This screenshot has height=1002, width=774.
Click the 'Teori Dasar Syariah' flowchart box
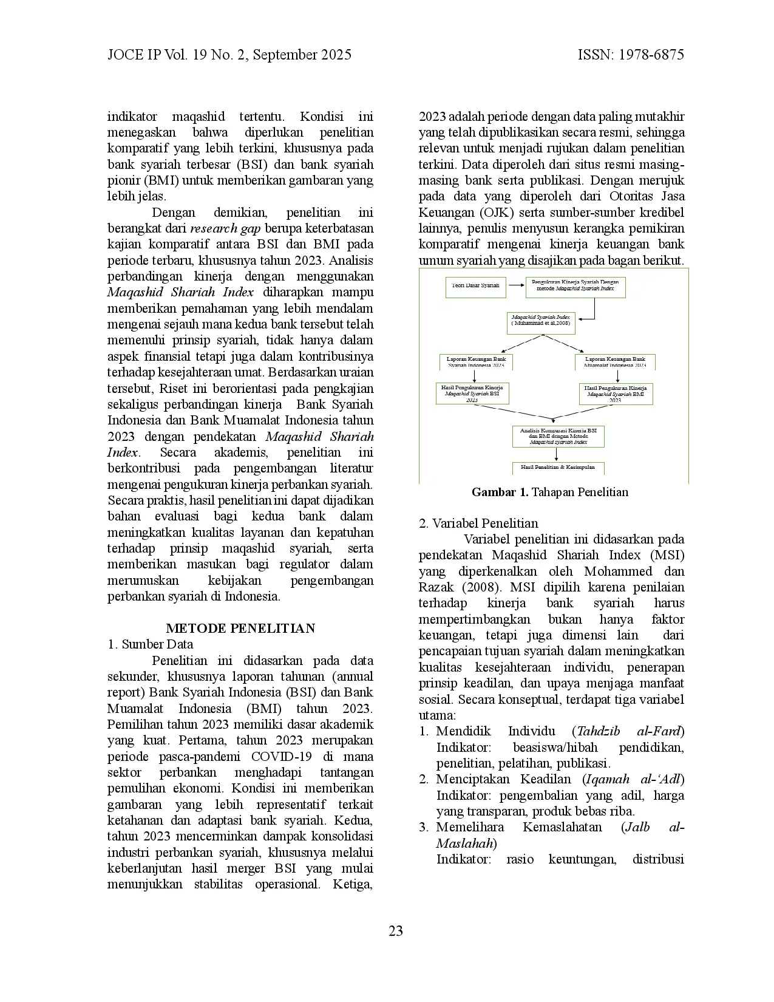point(475,285)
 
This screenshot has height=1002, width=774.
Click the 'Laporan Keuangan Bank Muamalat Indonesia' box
point(615,362)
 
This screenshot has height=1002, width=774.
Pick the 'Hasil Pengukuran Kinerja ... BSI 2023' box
point(472,393)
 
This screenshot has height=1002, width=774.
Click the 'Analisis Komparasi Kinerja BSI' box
point(558,436)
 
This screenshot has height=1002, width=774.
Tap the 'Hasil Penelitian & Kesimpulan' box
point(558,468)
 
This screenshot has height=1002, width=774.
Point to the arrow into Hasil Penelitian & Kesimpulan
point(558,454)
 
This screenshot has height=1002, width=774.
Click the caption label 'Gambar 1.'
point(500,492)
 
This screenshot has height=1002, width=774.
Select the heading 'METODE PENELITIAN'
point(240,629)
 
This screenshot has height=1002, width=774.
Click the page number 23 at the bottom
point(396,931)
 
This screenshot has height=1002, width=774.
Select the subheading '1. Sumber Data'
point(150,645)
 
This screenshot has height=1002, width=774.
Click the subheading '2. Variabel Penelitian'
point(478,523)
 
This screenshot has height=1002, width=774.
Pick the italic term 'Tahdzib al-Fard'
point(628,731)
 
